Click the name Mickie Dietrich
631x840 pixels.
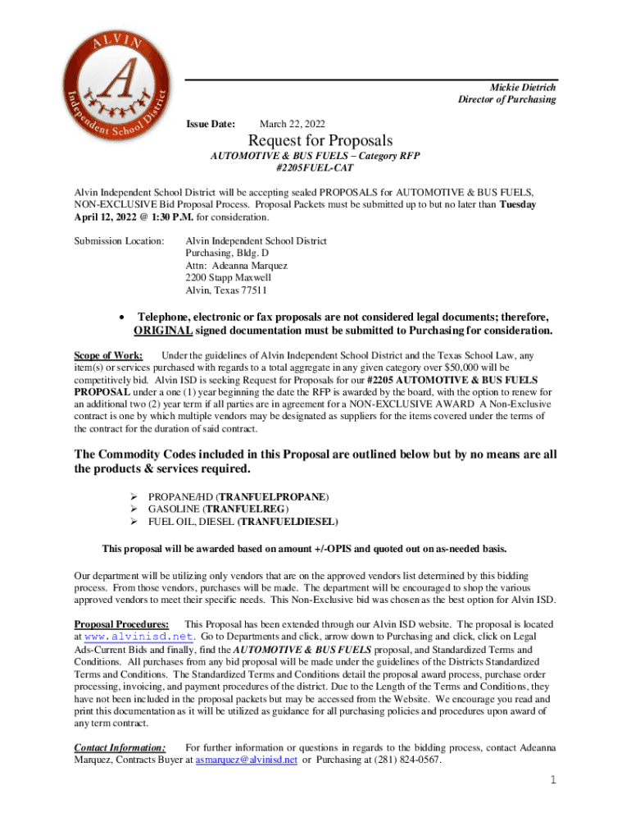(x=523, y=87)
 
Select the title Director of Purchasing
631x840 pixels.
(x=506, y=99)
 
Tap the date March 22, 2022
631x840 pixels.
(x=292, y=123)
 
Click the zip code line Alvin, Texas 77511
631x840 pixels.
(x=226, y=290)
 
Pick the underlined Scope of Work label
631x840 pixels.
(x=108, y=355)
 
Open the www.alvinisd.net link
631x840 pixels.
(x=138, y=637)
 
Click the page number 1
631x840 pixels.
(x=553, y=779)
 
